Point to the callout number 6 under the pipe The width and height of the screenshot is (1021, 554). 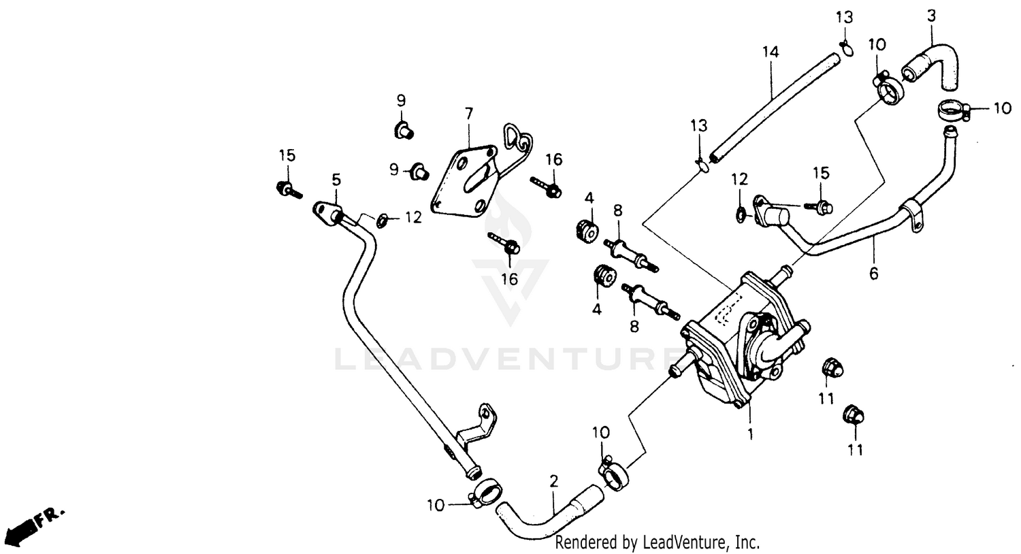[x=874, y=274]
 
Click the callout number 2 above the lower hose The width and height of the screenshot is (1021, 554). [x=553, y=481]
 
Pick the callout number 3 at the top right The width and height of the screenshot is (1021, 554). [x=932, y=16]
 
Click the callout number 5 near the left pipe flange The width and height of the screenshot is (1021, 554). [x=336, y=180]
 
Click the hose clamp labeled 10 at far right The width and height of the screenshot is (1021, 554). [x=952, y=110]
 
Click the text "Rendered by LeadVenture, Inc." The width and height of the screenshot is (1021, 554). [x=657, y=542]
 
